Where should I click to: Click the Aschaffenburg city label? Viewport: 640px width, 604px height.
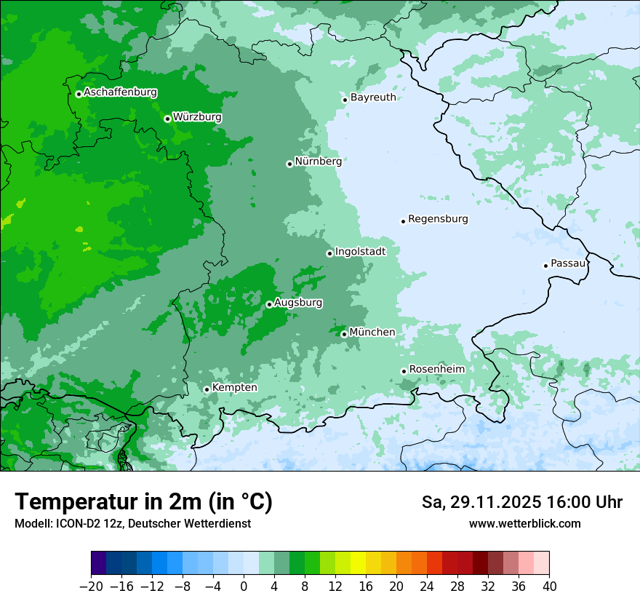click(120, 92)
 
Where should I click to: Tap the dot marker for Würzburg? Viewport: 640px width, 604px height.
click(167, 119)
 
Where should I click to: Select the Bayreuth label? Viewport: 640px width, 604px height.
click(373, 97)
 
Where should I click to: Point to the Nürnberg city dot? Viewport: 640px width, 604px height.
click(289, 164)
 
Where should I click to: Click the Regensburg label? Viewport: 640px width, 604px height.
click(438, 218)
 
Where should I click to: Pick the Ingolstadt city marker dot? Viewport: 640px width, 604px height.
click(329, 253)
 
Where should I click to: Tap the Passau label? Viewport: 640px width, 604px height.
click(568, 263)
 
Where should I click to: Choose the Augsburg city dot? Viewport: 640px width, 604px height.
click(269, 304)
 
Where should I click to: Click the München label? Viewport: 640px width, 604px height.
click(372, 332)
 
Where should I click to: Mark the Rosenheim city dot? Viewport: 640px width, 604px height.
click(404, 371)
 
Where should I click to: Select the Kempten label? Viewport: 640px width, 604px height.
click(235, 387)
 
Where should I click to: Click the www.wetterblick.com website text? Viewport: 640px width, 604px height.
click(524, 524)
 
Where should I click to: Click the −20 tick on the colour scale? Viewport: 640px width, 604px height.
click(92, 587)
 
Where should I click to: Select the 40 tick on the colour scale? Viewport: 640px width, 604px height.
click(549, 587)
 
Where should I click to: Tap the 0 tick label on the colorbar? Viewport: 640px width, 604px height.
click(244, 587)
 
